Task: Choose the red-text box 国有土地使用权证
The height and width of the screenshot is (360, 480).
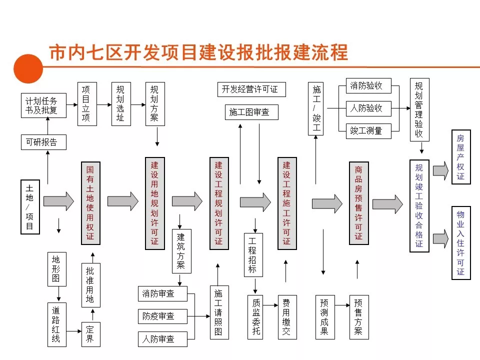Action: (90, 203)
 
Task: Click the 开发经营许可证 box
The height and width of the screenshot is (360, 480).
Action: (250, 89)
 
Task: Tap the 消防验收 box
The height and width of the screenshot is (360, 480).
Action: (367, 85)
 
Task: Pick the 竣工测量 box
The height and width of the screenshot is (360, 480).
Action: (367, 130)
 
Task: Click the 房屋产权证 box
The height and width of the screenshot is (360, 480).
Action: (460, 157)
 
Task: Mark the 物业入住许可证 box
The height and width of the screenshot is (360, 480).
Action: (460, 242)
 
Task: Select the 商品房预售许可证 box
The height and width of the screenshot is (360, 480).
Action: (358, 203)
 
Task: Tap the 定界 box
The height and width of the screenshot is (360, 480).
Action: (90, 334)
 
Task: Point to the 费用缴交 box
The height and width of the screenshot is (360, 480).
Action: (286, 317)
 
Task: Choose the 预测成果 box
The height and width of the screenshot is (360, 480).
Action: (324, 317)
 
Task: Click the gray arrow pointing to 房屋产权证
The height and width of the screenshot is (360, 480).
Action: (440, 171)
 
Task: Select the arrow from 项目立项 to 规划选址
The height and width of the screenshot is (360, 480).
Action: (103, 105)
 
